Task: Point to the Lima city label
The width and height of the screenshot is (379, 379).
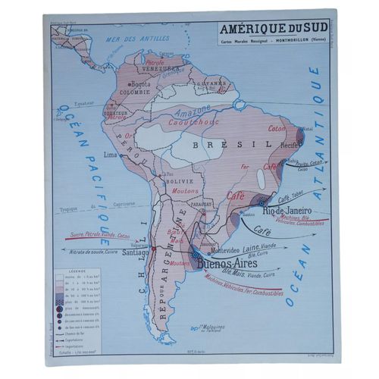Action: (110, 153)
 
